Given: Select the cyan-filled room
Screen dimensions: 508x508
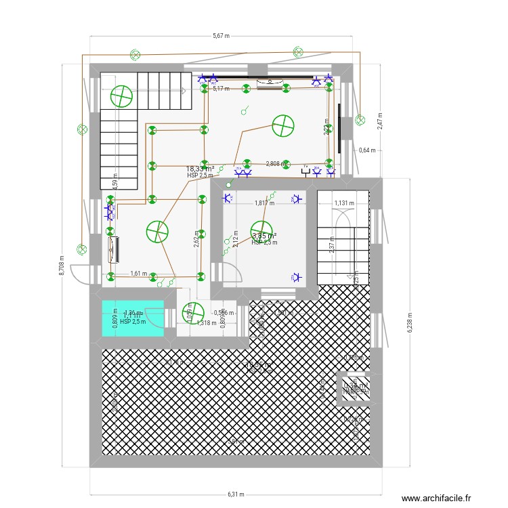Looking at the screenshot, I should point(133,318).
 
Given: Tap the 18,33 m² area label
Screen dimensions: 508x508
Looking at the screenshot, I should point(200,169).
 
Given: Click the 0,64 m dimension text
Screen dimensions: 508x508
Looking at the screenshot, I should point(366,150).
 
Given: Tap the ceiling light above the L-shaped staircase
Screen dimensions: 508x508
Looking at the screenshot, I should point(121,97).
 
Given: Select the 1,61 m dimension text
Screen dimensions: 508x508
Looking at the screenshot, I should point(138,274).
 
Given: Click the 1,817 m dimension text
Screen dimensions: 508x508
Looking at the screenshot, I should point(264,203).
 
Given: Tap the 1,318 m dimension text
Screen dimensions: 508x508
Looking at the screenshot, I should point(206,323).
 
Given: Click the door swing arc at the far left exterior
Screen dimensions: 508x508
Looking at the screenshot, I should point(80,275).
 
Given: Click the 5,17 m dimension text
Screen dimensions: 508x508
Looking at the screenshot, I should point(221,88).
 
